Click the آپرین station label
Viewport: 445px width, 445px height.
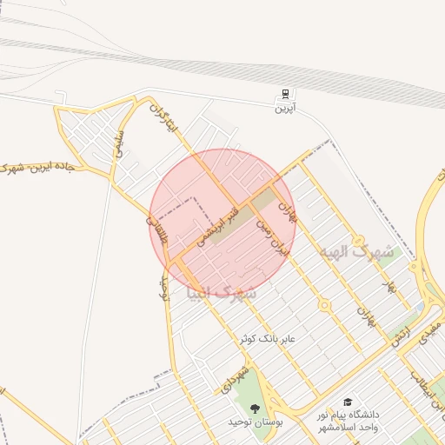point(285,109)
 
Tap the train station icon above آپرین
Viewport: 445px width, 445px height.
point(285,95)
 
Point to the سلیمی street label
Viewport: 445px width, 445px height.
point(121,143)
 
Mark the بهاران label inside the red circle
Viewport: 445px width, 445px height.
point(288,205)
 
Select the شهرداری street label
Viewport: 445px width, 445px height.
point(236,379)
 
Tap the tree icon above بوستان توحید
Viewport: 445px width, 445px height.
point(254,408)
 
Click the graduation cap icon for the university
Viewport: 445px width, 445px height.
point(348,402)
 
